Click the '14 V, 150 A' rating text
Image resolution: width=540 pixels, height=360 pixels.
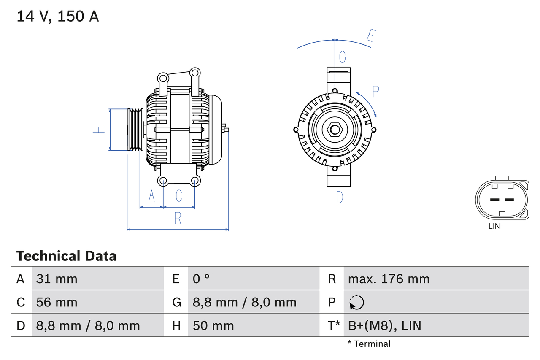[58, 16]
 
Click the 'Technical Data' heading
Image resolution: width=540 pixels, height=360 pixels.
[66, 256]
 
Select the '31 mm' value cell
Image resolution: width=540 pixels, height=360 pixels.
[57, 279]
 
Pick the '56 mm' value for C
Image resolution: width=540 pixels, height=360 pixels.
[57, 302]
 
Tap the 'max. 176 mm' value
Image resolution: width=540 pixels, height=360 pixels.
[389, 279]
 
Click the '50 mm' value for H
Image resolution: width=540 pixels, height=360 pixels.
[213, 325]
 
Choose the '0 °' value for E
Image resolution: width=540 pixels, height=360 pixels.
[201, 279]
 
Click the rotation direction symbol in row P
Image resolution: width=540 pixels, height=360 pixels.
[356, 302]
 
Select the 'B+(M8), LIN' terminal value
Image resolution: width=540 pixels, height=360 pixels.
[384, 325]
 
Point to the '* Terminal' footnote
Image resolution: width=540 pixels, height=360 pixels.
[369, 344]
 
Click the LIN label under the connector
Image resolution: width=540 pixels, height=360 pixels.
[494, 226]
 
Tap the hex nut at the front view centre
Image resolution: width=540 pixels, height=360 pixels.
[335, 130]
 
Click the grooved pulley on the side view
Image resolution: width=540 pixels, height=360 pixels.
[135, 130]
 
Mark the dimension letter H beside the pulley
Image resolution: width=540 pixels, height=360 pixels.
[99, 130]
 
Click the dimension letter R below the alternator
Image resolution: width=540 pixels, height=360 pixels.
[178, 218]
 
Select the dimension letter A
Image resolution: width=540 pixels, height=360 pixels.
[151, 196]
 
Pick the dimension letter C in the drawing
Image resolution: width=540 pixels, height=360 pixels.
[179, 196]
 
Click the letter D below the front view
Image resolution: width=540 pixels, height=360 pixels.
[340, 197]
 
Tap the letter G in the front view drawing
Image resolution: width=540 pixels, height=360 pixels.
[343, 57]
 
